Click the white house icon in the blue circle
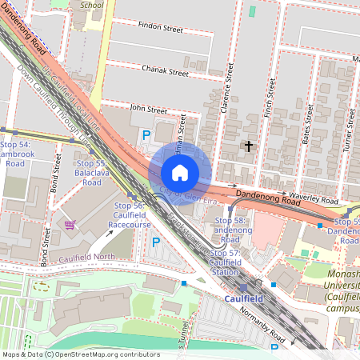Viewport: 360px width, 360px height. pos(180,173)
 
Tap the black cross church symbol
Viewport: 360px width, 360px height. pos(249,146)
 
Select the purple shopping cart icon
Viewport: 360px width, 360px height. pos(70,225)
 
